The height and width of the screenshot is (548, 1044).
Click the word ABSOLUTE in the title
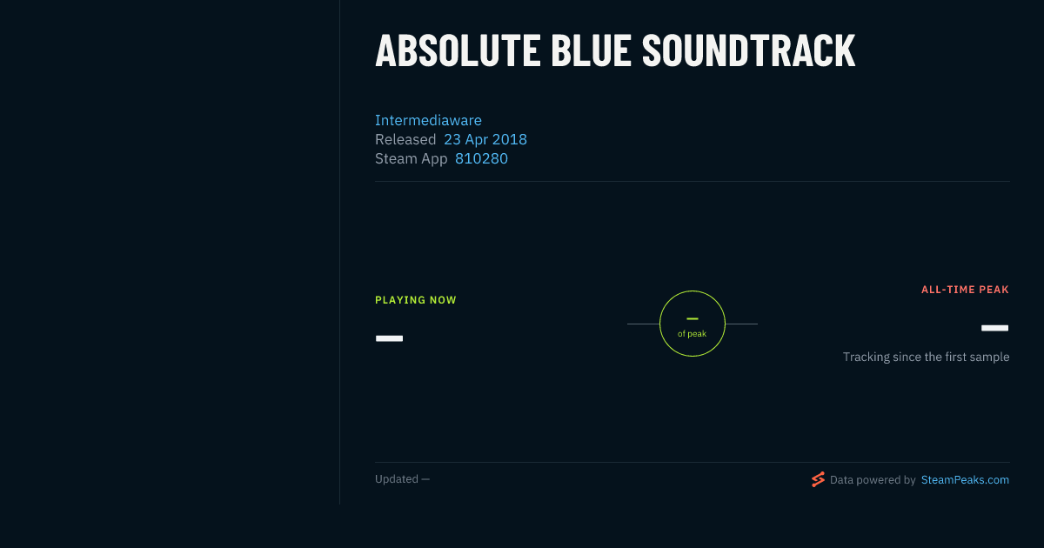(x=458, y=50)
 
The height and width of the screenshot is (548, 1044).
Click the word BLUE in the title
(x=591, y=50)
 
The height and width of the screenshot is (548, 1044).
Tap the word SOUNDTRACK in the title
(x=748, y=50)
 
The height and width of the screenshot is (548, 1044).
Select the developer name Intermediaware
(x=428, y=120)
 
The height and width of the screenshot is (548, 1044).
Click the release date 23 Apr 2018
(x=485, y=139)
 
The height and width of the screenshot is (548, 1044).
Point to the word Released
(x=405, y=139)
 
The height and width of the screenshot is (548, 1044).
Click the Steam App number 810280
(x=481, y=158)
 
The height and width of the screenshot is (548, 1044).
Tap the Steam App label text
(x=411, y=158)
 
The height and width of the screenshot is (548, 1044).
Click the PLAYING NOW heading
(x=416, y=300)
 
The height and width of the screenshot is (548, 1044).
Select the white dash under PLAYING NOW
(x=389, y=338)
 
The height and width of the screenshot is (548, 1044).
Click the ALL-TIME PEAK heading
(x=965, y=290)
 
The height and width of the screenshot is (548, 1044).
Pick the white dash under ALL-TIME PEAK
(x=994, y=328)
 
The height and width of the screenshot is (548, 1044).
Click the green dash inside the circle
(x=693, y=318)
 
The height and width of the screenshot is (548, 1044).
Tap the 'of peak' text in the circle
(x=693, y=334)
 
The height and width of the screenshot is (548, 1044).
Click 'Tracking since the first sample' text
(x=926, y=357)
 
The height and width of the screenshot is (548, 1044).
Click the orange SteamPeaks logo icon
(x=818, y=479)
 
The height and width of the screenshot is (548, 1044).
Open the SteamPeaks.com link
(x=965, y=480)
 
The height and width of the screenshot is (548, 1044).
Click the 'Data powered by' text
(x=873, y=480)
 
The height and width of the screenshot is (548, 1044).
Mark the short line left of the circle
(x=643, y=324)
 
